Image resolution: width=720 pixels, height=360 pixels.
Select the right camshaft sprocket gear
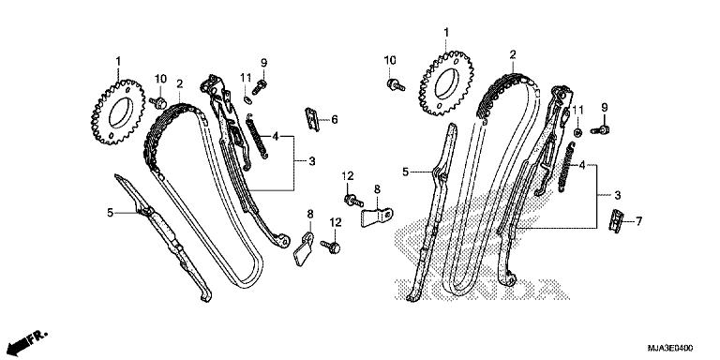pyautogui.click(x=445, y=85)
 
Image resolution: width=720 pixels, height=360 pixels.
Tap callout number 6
pyautogui.click(x=335, y=119)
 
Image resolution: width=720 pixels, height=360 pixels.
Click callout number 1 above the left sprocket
pyautogui.click(x=118, y=62)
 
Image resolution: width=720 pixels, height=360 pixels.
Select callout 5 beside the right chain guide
pyautogui.click(x=406, y=172)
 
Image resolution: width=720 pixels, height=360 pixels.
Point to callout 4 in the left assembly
pyautogui.click(x=277, y=137)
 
